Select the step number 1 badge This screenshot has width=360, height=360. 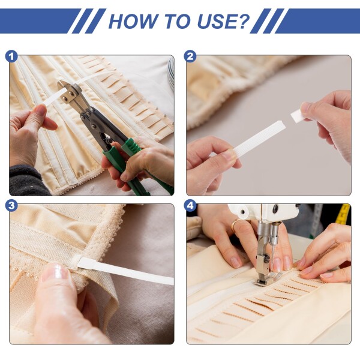[x=11, y=56]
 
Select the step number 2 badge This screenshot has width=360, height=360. [x=190, y=56]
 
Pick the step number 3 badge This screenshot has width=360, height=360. [x=11, y=205]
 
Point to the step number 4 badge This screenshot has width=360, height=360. [x=190, y=205]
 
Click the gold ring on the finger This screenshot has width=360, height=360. [x=235, y=225]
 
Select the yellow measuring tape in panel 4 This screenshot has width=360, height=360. [x=343, y=214]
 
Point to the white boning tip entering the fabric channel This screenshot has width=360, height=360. [x=87, y=263]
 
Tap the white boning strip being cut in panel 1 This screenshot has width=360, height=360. [x=56, y=97]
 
